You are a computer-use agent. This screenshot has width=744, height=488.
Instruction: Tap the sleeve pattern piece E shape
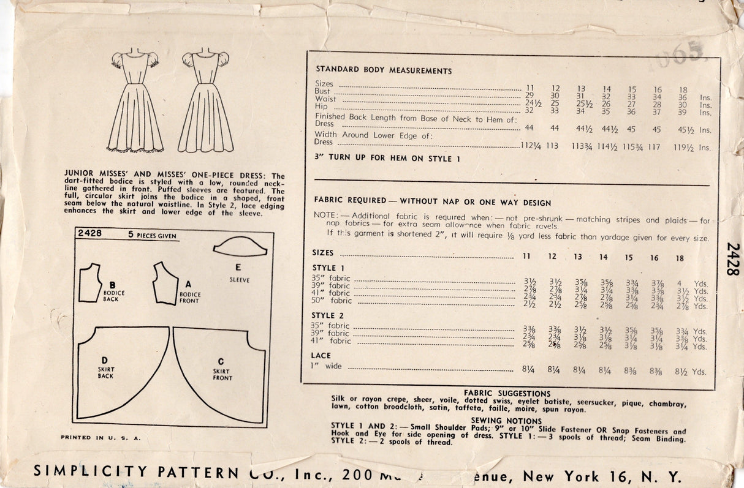pos(240,247)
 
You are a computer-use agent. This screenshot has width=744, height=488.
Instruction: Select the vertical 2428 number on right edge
pos(732,259)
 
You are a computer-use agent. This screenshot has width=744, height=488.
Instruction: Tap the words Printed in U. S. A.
pos(101,438)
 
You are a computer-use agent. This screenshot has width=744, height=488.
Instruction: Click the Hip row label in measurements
pos(321,107)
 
